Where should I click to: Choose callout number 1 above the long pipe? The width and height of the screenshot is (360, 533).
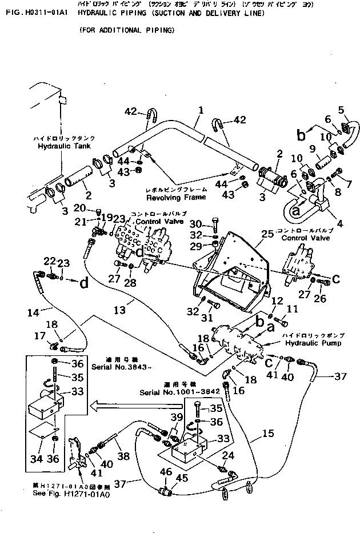(201, 108)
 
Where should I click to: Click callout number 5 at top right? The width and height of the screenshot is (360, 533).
(341, 110)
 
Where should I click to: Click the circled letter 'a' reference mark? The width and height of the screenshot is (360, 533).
(296, 210)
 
